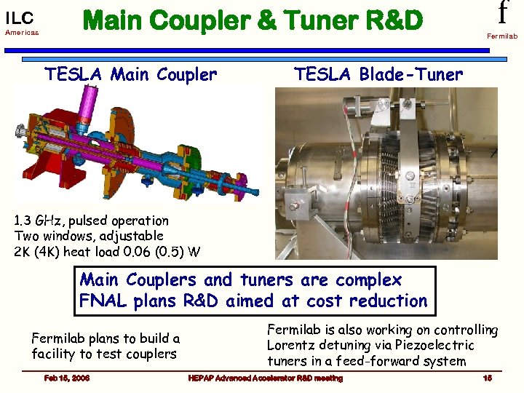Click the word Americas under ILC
[21, 33]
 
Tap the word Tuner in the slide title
[309, 21]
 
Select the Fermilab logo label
[501, 36]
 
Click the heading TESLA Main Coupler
[131, 74]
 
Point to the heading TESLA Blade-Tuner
[378, 74]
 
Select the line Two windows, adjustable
[89, 236]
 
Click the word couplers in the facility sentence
[150, 354]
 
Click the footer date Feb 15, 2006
[66, 378]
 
